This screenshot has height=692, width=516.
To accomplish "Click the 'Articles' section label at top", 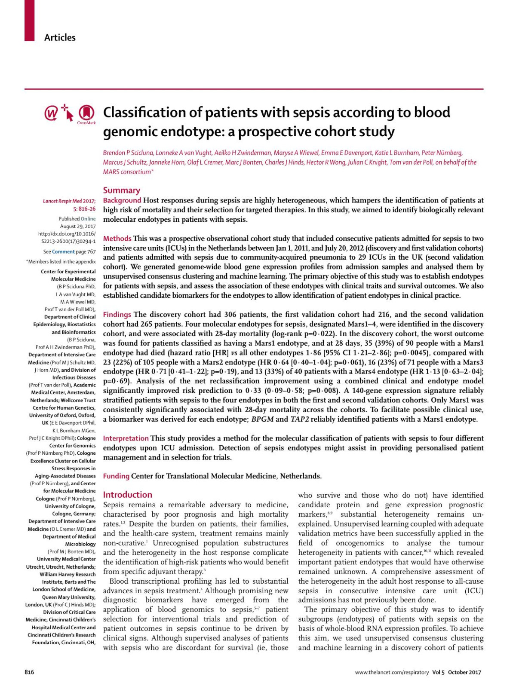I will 60,37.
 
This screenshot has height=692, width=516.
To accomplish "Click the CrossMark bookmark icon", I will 86,113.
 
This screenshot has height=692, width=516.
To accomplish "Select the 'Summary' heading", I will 121,190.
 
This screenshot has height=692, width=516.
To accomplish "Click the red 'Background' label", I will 122,200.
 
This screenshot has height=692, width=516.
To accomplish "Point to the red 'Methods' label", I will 117,238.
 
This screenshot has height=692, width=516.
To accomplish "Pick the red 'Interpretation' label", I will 126,438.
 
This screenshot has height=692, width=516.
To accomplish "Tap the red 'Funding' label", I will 116,476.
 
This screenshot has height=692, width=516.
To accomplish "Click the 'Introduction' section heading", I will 127,495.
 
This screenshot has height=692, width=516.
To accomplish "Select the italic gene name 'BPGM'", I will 262,419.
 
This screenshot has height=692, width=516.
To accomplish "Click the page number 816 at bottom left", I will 29,672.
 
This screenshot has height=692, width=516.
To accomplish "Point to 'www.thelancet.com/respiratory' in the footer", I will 392,672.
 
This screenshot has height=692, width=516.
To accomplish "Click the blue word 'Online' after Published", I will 88,219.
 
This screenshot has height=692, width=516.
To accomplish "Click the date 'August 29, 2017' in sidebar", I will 78,226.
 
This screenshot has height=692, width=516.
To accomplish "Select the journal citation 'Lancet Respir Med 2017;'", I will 69,201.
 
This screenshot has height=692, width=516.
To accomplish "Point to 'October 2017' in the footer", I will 464,672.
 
